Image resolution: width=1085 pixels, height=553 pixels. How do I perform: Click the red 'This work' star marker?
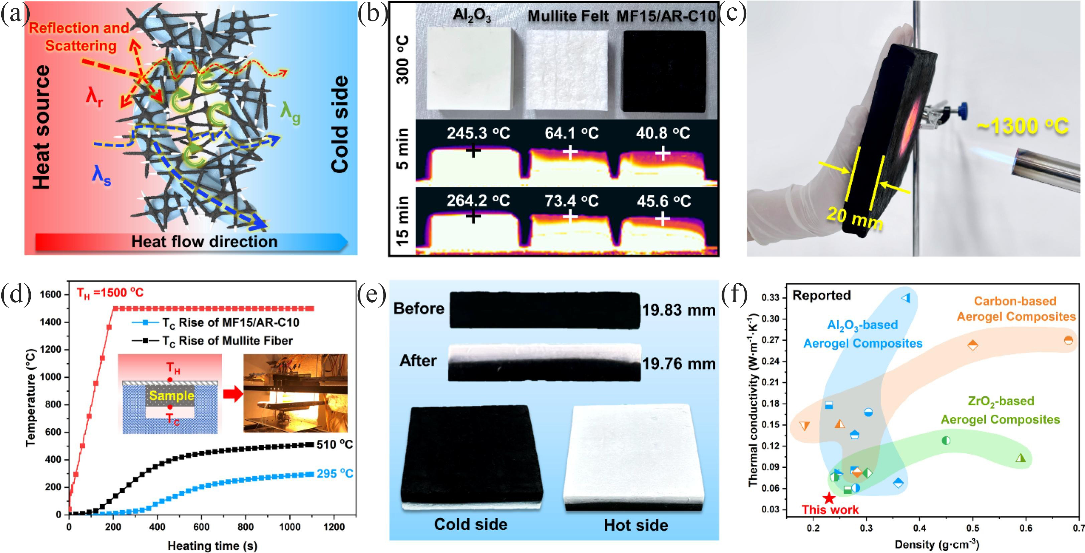(x=829, y=499)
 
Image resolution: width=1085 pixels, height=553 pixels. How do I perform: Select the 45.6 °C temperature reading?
(x=664, y=201)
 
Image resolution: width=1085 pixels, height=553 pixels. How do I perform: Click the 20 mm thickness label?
(x=854, y=219)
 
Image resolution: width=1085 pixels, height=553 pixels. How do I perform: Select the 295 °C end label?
(x=335, y=474)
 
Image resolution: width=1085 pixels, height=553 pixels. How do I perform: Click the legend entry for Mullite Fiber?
(x=212, y=340)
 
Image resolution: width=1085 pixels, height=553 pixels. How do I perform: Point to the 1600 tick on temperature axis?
(x=50, y=295)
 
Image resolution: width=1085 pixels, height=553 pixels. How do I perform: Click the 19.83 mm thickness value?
(x=678, y=311)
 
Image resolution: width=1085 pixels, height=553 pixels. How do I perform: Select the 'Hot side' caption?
(x=636, y=525)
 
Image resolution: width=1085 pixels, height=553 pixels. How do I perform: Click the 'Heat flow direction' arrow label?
(x=204, y=241)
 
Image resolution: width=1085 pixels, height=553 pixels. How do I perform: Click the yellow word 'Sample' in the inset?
(x=172, y=395)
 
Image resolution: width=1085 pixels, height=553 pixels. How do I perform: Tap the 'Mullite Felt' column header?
(x=568, y=16)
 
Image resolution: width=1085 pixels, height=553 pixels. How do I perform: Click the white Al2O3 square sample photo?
(x=471, y=69)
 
